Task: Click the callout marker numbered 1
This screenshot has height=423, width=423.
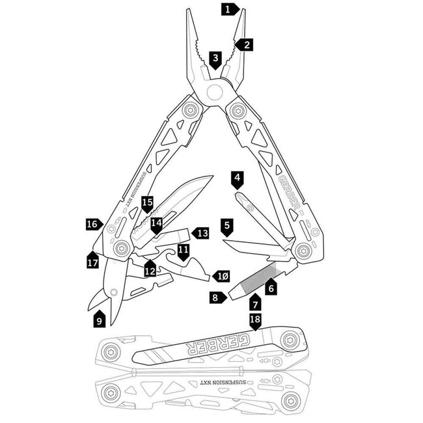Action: [228, 9]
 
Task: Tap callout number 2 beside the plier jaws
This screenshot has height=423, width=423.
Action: [245, 45]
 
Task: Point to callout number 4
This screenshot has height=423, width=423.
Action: [237, 178]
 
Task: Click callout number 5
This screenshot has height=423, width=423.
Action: [226, 226]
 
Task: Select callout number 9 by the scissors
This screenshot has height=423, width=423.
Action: [99, 320]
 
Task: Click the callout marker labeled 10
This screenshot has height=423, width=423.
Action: [221, 277]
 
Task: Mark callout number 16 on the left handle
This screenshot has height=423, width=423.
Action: [93, 224]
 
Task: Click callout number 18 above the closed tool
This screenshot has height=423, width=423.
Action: [255, 320]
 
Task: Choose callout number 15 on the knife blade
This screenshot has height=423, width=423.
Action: [147, 202]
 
